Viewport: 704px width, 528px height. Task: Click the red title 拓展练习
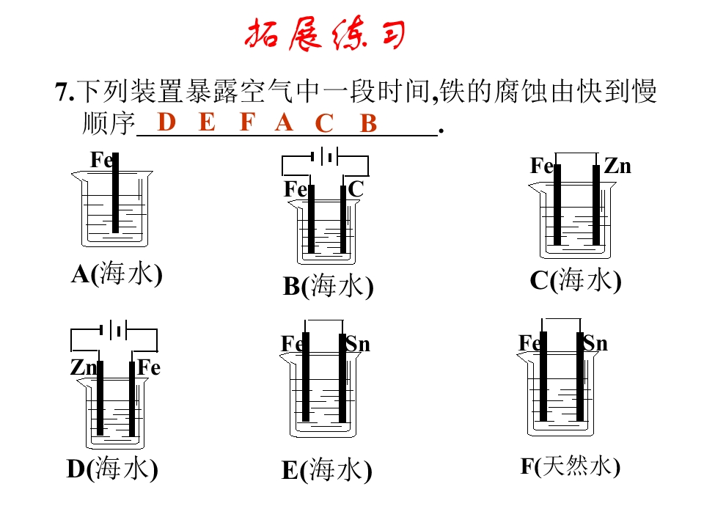click(x=325, y=34)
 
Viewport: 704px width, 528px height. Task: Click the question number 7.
click(x=65, y=92)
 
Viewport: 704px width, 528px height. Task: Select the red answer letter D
click(x=166, y=122)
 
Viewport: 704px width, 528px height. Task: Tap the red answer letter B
click(x=368, y=122)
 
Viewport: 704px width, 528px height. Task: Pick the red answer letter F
click(x=247, y=122)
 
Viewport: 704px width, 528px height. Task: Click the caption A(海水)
click(x=117, y=274)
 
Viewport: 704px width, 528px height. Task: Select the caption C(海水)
click(x=576, y=279)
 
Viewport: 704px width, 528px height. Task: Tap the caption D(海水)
click(x=112, y=469)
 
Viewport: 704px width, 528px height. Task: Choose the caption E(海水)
click(x=327, y=469)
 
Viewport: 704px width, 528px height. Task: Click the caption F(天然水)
click(x=571, y=466)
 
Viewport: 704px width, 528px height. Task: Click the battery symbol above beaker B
click(x=325, y=156)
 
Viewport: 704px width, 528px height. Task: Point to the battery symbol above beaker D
click(x=113, y=331)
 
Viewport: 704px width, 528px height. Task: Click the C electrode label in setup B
click(x=356, y=188)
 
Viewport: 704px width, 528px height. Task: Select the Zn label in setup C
click(x=617, y=166)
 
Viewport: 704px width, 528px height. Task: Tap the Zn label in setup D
click(x=84, y=367)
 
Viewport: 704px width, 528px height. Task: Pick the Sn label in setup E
click(x=358, y=345)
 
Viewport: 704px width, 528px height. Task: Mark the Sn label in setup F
click(x=595, y=343)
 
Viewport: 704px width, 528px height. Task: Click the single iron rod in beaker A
click(x=115, y=193)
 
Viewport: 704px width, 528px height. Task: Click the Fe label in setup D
click(x=149, y=367)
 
